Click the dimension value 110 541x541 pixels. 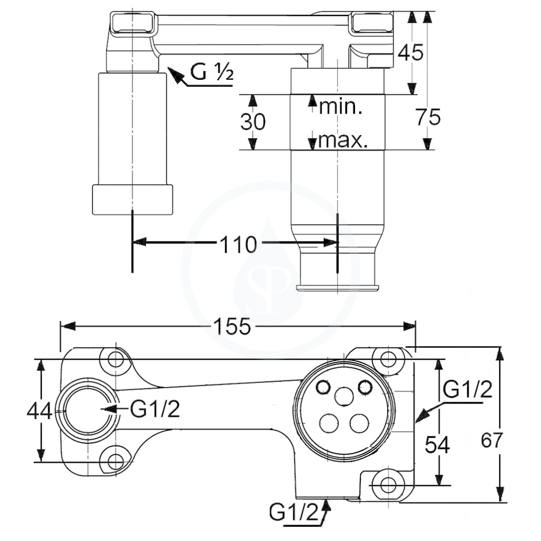[238, 245]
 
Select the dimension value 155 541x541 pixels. [232, 326]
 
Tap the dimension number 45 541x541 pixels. [410, 53]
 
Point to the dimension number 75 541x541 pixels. [428, 117]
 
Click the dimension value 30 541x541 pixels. [253, 122]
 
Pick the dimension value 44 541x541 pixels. [40, 411]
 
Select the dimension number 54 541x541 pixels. [437, 445]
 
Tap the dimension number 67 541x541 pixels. [491, 440]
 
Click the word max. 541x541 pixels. [342, 141]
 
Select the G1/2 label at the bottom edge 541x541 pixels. [294, 512]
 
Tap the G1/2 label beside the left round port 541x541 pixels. [155, 409]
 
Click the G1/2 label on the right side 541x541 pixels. [467, 389]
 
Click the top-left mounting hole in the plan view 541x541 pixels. [116, 359]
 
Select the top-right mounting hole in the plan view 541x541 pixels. [388, 359]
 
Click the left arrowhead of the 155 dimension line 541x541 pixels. [68, 326]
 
